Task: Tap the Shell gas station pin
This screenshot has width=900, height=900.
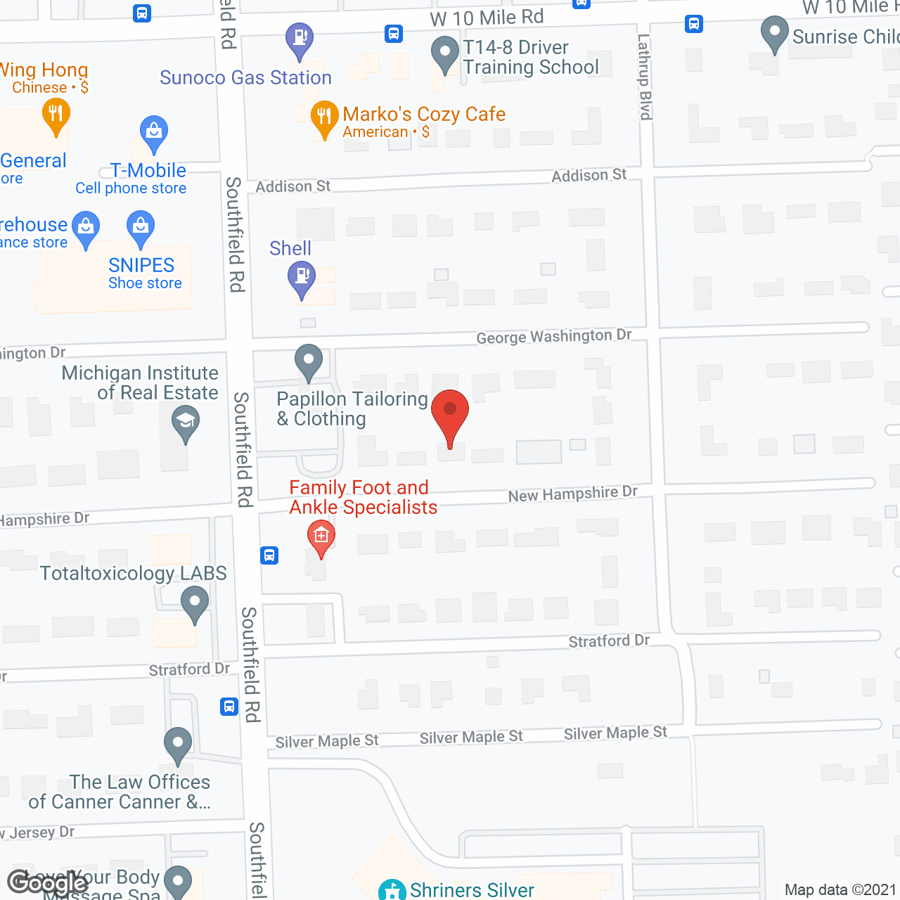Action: (302, 278)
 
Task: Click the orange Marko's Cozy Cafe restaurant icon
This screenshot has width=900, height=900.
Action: (323, 117)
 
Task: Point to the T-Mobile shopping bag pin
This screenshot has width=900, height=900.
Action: (153, 133)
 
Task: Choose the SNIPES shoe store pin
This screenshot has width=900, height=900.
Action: (141, 228)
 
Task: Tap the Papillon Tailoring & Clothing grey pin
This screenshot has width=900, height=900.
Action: (308, 361)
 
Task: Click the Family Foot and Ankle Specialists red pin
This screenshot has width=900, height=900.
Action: (321, 538)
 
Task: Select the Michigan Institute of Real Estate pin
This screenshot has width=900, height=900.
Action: (186, 424)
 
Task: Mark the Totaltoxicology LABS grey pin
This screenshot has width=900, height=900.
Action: (195, 603)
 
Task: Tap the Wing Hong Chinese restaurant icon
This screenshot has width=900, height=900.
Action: (56, 115)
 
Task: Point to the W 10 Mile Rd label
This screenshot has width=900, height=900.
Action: (487, 18)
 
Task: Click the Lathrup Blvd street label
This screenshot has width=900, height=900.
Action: (645, 77)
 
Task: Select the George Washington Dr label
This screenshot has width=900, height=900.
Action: (553, 337)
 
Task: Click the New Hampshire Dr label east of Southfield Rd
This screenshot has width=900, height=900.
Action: (572, 494)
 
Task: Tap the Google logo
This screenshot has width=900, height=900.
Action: (47, 882)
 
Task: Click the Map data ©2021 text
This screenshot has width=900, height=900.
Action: (840, 890)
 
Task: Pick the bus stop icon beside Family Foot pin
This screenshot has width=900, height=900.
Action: (269, 555)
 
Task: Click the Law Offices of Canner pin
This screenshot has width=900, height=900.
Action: (178, 744)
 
